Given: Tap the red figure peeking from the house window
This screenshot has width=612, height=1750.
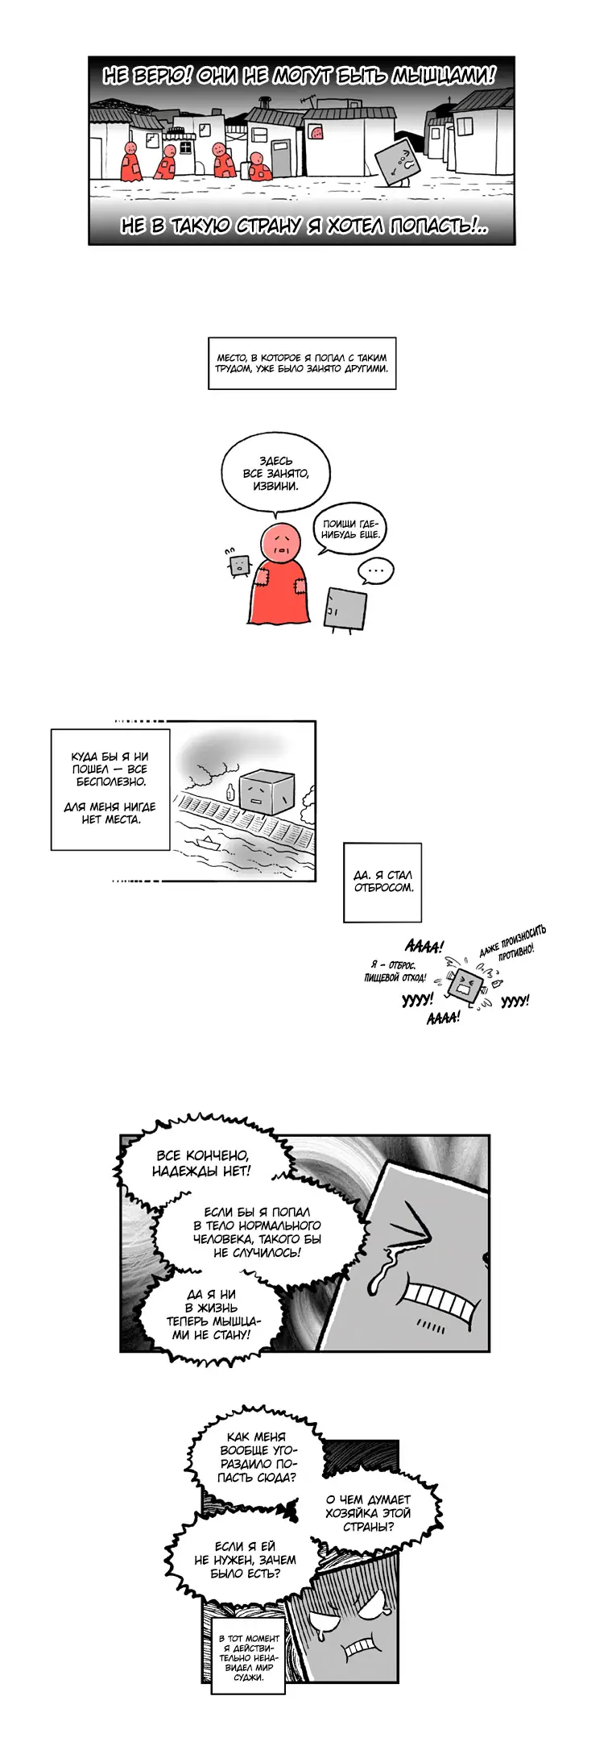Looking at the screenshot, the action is (316, 132).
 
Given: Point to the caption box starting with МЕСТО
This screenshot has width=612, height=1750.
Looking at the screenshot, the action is (302, 363).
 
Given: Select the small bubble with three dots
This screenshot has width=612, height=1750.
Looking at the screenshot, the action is (375, 571).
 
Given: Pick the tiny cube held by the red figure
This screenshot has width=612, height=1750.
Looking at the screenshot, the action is (238, 565).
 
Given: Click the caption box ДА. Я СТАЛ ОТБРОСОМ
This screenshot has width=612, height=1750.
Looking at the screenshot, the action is (382, 882).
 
